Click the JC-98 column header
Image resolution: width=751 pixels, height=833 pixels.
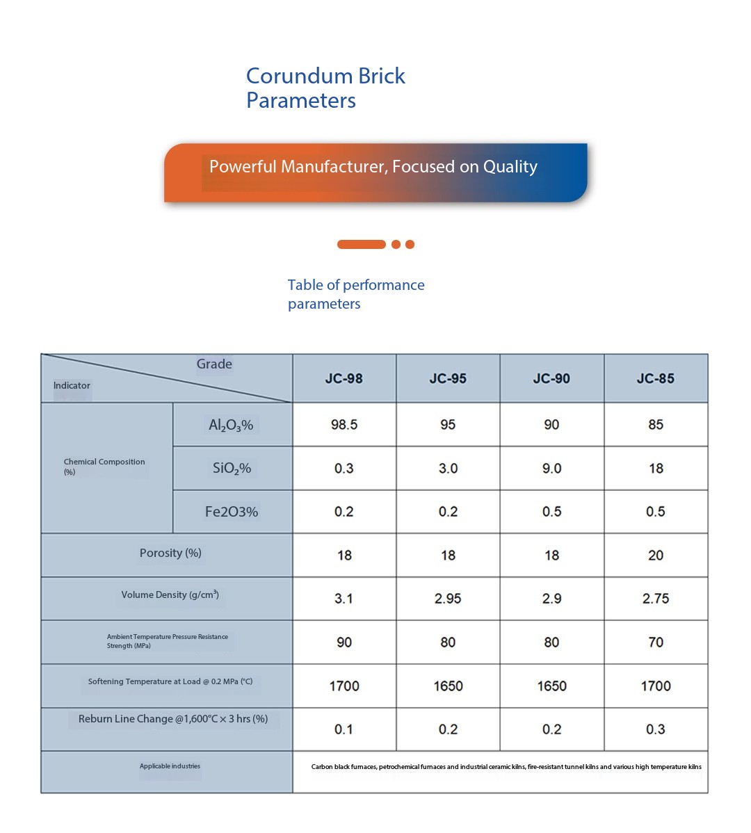[x=344, y=379]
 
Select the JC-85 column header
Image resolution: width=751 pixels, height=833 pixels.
[x=655, y=379]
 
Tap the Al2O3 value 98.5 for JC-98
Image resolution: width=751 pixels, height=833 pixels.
[x=344, y=425]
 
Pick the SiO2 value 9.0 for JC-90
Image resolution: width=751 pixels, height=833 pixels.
[x=551, y=469]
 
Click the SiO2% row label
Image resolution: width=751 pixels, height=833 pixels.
[x=232, y=469]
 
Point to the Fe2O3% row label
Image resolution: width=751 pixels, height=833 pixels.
[x=232, y=512]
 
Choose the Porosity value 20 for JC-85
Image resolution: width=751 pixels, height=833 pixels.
[x=655, y=556]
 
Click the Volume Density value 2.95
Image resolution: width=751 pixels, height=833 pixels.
[x=448, y=599]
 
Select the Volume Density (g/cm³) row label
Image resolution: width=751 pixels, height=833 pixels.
[x=170, y=595]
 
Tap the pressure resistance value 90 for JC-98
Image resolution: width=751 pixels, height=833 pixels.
[x=344, y=642]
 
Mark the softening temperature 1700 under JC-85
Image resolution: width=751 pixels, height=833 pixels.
[x=655, y=686]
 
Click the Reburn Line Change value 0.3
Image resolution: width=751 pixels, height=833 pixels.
[x=655, y=729]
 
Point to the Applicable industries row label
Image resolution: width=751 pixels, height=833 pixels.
[x=170, y=766]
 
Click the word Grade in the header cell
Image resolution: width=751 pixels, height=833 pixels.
[x=214, y=364]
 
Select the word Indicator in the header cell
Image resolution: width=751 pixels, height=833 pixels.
[x=72, y=386]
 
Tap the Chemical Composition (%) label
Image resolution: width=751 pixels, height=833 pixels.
[x=104, y=467]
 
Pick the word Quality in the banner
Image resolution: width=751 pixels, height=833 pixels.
[x=510, y=167]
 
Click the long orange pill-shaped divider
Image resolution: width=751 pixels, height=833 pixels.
[x=361, y=244]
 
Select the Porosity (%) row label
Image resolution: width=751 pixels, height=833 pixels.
[x=170, y=553]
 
